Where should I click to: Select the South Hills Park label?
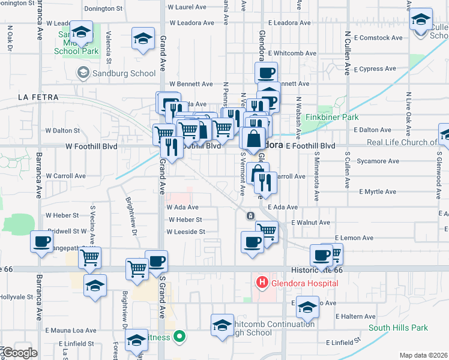click(x=398, y=328)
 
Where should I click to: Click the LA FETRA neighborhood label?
click(x=36, y=97)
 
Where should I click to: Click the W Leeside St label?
click(x=186, y=232)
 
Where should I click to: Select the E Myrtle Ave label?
click(x=378, y=192)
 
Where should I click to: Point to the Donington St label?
click(x=103, y=8)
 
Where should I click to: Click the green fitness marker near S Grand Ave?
click(x=178, y=337)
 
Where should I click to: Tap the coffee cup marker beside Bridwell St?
click(x=41, y=241)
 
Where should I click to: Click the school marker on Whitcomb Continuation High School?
click(x=222, y=325)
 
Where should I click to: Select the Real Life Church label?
click(x=402, y=142)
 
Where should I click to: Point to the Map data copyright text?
click(x=424, y=355)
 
